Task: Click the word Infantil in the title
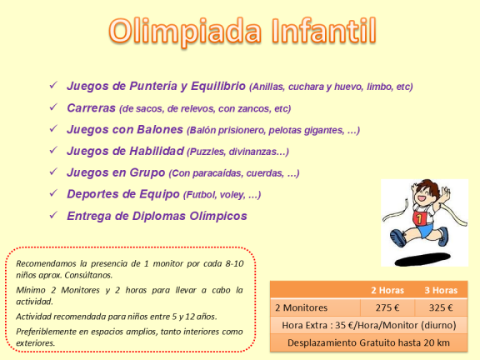coord(320,32)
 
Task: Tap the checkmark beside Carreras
coord(52,107)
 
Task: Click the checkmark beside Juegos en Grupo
coord(52,172)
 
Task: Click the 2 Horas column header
coord(387,291)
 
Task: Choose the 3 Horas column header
coord(441,291)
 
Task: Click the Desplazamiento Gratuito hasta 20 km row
coord(367,342)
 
